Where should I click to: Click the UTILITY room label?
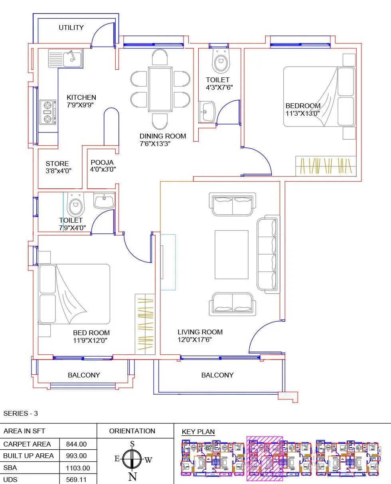pos(71,28)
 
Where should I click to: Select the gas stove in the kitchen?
pos(48,112)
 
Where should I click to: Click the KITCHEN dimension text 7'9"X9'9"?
pos(80,105)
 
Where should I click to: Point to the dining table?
pos(160,89)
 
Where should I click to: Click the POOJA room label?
pos(102,162)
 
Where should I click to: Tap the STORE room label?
pos(57,164)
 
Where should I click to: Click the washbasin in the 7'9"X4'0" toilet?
pos(104,200)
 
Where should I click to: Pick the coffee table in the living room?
pos(231,255)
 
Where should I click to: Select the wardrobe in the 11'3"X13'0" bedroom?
pos(325,166)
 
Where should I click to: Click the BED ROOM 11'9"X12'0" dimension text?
pos(90,340)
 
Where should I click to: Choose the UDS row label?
pos(10,480)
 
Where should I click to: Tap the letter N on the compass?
pos(132,476)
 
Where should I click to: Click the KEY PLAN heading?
pos(198,432)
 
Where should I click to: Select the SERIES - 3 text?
pos(20,413)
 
